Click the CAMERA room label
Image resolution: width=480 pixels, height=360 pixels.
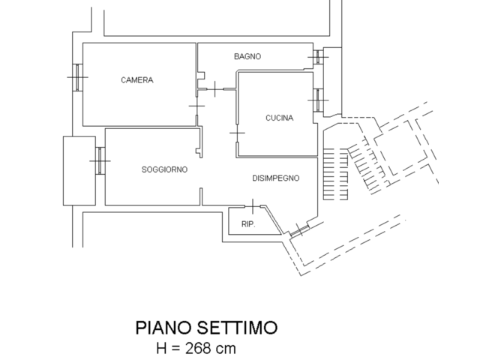point(136,80)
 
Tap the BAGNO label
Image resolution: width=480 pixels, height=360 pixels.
point(247,56)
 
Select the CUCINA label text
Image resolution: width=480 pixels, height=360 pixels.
point(279,118)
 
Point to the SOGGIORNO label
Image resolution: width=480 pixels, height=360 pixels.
point(164,169)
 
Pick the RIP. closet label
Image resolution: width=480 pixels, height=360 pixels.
point(248,224)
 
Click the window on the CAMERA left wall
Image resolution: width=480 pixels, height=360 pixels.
point(77,76)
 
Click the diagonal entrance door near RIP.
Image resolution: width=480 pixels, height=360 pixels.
point(299,230)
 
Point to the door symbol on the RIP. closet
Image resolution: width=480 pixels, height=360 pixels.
point(253,205)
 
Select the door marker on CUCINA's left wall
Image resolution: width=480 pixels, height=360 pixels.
point(237,133)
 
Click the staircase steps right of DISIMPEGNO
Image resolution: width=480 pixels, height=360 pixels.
point(334,173)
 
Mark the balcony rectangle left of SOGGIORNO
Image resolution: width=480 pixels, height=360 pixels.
point(79,170)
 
